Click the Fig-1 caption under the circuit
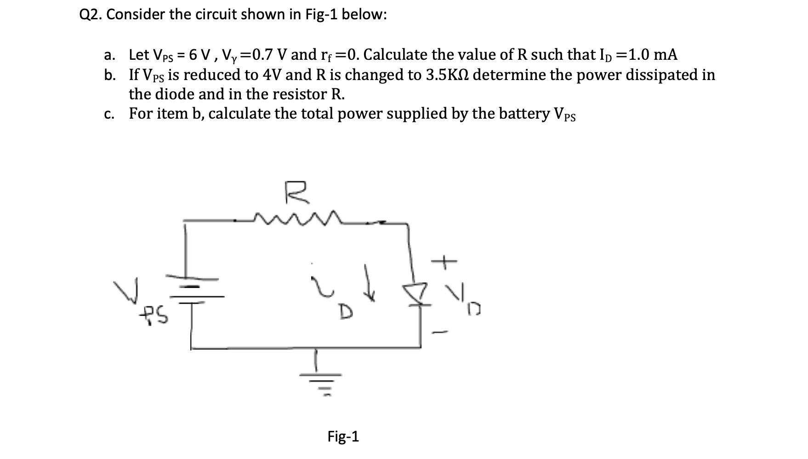[343, 436]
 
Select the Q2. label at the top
[91, 15]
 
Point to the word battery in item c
[520, 113]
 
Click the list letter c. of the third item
[109, 114]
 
